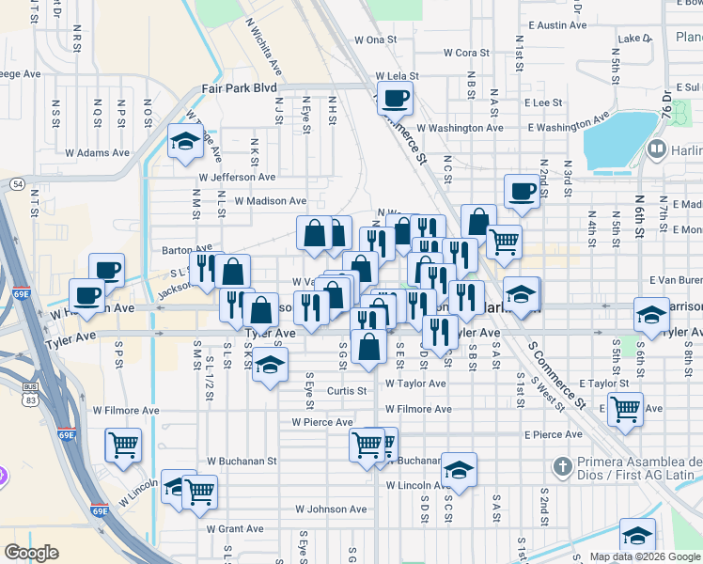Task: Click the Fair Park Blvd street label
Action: [239, 87]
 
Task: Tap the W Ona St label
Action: [376, 39]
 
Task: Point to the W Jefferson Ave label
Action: [237, 176]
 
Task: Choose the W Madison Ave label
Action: [271, 200]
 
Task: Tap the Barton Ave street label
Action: [180, 250]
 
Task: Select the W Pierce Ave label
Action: [320, 422]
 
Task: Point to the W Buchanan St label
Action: [242, 462]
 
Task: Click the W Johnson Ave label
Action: [330, 509]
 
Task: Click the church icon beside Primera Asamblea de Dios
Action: [562, 465]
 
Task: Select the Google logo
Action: [31, 553]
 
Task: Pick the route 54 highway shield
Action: [19, 185]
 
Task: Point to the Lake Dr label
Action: [636, 39]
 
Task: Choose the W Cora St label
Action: [466, 53]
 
